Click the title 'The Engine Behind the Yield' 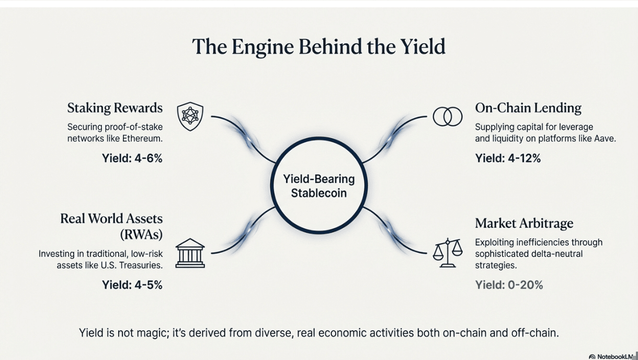pyautogui.click(x=318, y=47)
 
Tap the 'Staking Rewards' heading pyautogui.click(x=115, y=108)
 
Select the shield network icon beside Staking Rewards pyautogui.click(x=190, y=116)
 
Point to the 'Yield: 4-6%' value pyautogui.click(x=132, y=158)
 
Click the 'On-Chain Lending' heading pyautogui.click(x=528, y=108)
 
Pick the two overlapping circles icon pyautogui.click(x=448, y=116)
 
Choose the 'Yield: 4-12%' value pyautogui.click(x=508, y=158)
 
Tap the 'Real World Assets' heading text pyautogui.click(x=111, y=218)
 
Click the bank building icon pyautogui.click(x=190, y=253)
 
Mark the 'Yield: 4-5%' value pyautogui.click(x=132, y=285)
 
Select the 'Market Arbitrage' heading pyautogui.click(x=524, y=223)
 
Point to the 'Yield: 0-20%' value pyautogui.click(x=509, y=285)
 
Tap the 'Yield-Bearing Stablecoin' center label pyautogui.click(x=319, y=186)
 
